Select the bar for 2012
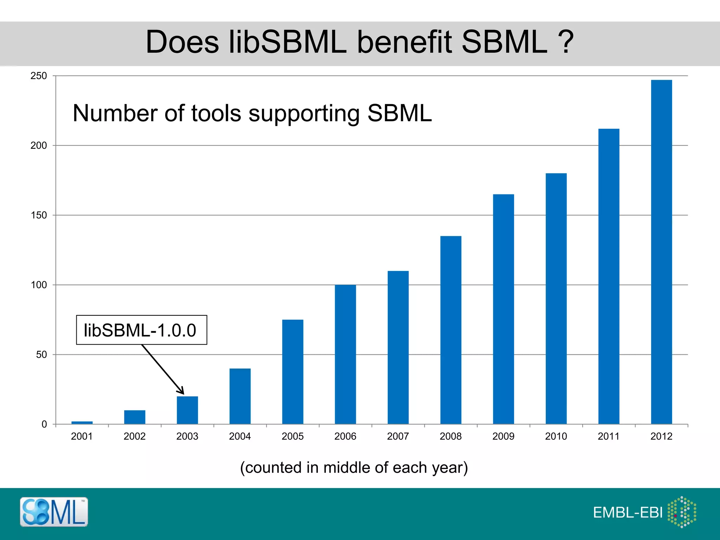tap(661, 252)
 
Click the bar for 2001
tap(82, 423)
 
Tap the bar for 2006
tap(345, 354)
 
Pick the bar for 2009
tap(503, 309)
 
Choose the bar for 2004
tap(240, 396)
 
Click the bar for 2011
tap(609, 276)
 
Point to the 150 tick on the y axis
tap(39, 215)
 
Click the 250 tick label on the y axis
tap(39, 76)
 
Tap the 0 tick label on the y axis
tap(44, 424)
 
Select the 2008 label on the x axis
tap(450, 436)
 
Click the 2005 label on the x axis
tap(292, 436)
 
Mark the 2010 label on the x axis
tap(556, 436)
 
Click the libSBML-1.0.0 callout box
tap(141, 330)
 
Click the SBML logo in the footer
tap(54, 512)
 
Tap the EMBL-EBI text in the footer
tap(628, 513)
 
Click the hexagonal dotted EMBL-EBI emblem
tap(682, 512)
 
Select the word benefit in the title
tap(404, 42)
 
